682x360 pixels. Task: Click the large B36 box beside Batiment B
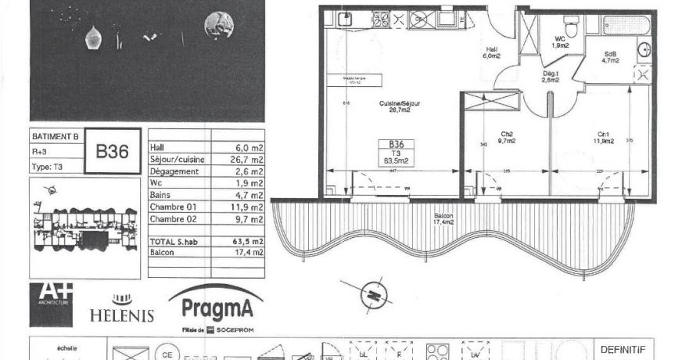pyautogui.click(x=112, y=151)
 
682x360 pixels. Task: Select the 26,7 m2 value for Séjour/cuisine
pyautogui.click(x=246, y=159)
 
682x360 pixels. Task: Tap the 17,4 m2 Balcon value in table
pyautogui.click(x=246, y=253)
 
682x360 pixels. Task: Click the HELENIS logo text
pyautogui.click(x=121, y=315)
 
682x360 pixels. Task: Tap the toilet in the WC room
pyautogui.click(x=572, y=28)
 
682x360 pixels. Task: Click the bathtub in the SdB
pyautogui.click(x=617, y=23)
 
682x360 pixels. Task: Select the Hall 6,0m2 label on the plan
pyautogui.click(x=490, y=52)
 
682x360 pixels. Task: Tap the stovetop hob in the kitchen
pyautogui.click(x=382, y=20)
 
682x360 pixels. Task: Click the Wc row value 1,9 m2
pyautogui.click(x=249, y=182)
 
